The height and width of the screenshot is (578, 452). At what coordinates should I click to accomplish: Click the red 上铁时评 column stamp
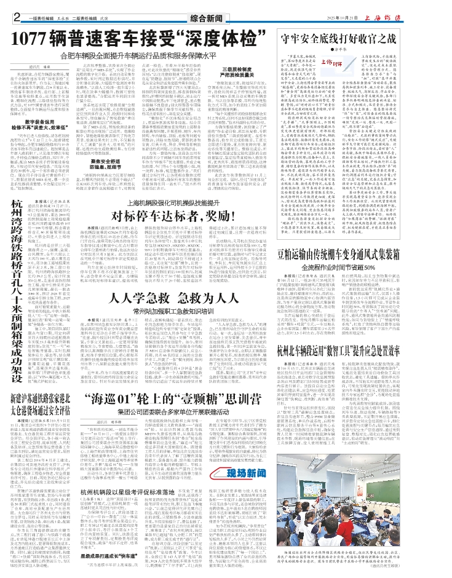pos(334,63)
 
